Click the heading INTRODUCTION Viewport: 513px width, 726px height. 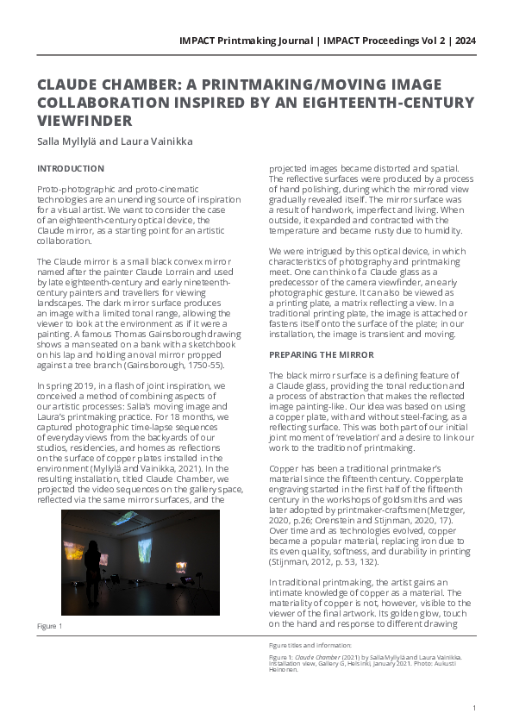70,168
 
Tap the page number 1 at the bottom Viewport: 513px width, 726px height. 474,708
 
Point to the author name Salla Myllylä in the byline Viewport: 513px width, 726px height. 66,141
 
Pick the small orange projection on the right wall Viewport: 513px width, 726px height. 181,566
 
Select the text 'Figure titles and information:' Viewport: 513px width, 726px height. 310,644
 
